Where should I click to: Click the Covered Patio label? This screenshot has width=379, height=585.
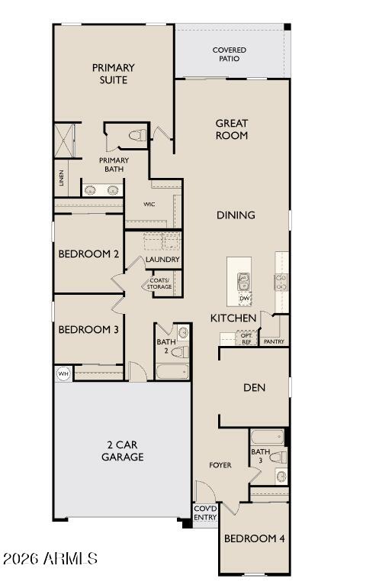[x=229, y=54]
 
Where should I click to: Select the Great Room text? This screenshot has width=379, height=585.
[x=232, y=129]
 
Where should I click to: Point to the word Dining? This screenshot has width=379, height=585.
[x=235, y=215]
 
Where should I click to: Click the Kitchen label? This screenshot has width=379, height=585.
[x=233, y=318]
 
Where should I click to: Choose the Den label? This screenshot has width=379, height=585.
[x=254, y=388]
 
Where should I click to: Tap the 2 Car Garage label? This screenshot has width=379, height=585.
[x=123, y=451]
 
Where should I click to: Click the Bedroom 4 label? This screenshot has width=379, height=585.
[x=254, y=538]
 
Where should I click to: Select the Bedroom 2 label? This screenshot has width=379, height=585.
[x=88, y=254]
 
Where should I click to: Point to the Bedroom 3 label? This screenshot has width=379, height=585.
[x=88, y=330]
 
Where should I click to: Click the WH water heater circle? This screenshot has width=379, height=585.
[x=63, y=373]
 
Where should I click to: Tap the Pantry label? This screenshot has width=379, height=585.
[x=274, y=341]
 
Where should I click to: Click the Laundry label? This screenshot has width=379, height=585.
[x=162, y=260]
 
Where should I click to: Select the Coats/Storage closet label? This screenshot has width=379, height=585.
[x=160, y=284]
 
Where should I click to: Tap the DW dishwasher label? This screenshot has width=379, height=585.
[x=244, y=298]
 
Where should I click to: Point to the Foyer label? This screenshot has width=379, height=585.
[x=220, y=465]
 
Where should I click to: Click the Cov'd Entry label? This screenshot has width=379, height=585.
[x=204, y=513]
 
